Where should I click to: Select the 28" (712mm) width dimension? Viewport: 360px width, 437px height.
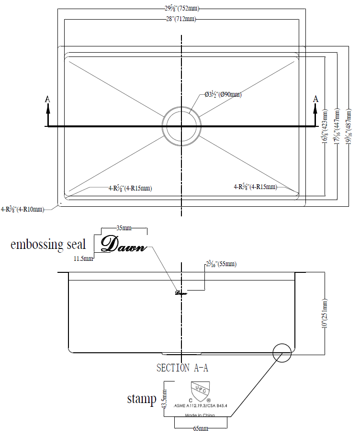(x=181, y=19)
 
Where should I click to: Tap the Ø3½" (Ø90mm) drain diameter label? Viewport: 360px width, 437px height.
(x=223, y=95)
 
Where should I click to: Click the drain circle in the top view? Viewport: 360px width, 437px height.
(x=181, y=126)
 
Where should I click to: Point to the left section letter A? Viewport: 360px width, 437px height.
(x=47, y=99)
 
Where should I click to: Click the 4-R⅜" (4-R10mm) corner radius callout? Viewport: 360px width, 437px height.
(x=22, y=209)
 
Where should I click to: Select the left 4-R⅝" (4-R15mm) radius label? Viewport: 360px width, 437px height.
(x=130, y=188)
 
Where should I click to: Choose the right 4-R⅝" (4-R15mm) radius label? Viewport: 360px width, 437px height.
(x=255, y=187)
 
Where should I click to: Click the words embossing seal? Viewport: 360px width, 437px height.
(x=48, y=245)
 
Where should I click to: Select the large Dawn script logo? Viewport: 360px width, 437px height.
(x=123, y=244)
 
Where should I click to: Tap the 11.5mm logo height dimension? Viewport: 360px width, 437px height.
(x=83, y=258)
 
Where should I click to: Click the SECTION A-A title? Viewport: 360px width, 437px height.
(x=182, y=368)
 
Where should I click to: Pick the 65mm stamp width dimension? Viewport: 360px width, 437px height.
(x=200, y=429)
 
